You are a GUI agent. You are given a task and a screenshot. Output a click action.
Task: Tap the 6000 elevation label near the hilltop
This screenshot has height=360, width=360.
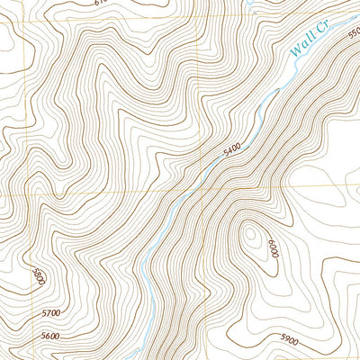(x=272, y=249)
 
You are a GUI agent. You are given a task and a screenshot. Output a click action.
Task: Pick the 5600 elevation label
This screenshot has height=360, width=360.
(x=50, y=336)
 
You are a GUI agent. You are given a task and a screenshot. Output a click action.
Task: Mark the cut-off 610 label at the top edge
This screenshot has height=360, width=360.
(x=100, y=3)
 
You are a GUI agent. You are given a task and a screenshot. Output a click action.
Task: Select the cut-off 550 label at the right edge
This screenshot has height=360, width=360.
(x=353, y=32)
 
